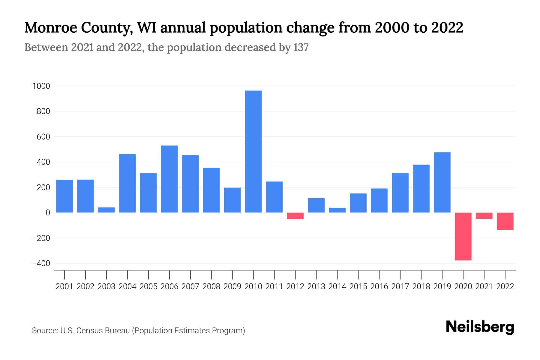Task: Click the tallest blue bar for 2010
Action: (253, 151)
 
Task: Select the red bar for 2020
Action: (463, 236)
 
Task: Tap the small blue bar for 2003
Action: (106, 210)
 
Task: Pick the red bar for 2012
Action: (295, 216)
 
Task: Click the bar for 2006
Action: (169, 179)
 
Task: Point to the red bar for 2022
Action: (505, 221)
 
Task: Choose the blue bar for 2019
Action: (442, 182)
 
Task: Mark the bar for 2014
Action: (337, 210)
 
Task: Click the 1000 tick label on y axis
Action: (41, 86)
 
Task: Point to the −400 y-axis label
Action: (41, 264)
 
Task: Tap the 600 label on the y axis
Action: (43, 137)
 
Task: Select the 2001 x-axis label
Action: (64, 286)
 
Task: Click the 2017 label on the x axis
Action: (400, 286)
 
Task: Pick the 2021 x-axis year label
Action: (484, 286)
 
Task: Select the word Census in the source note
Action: (88, 331)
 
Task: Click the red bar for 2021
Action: (484, 216)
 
